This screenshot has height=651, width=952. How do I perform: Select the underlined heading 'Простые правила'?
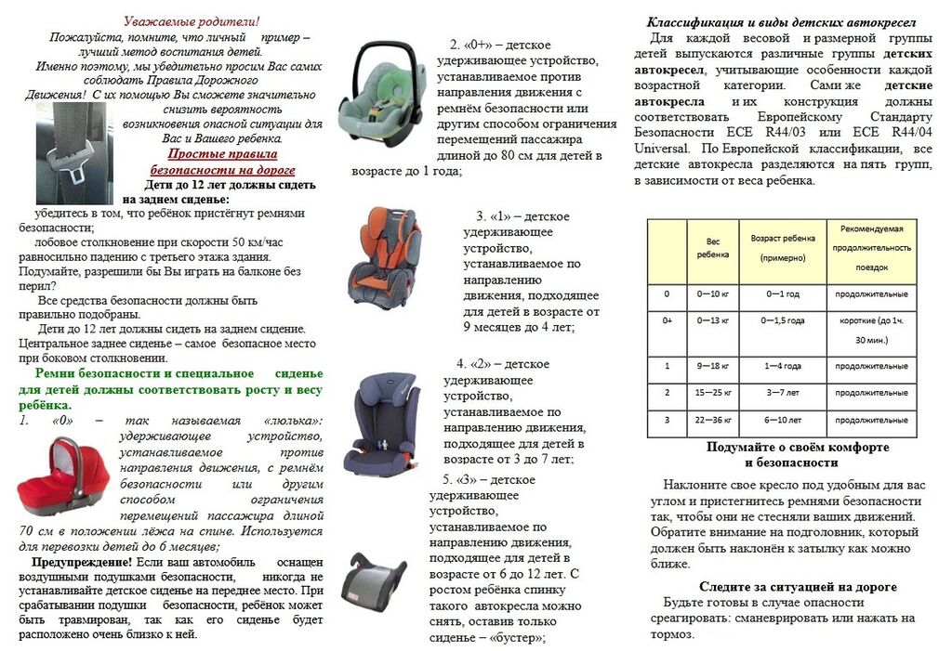click(222, 154)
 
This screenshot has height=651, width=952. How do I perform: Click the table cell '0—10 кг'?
click(714, 294)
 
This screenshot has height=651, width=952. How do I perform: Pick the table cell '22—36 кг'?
click(714, 418)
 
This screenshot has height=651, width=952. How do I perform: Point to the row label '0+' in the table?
click(667, 320)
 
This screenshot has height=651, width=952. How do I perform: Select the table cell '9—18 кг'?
click(714, 366)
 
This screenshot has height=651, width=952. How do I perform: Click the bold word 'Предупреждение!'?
click(83, 562)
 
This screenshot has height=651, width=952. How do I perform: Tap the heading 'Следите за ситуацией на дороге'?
click(798, 587)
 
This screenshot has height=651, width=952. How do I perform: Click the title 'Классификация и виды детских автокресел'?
click(781, 21)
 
